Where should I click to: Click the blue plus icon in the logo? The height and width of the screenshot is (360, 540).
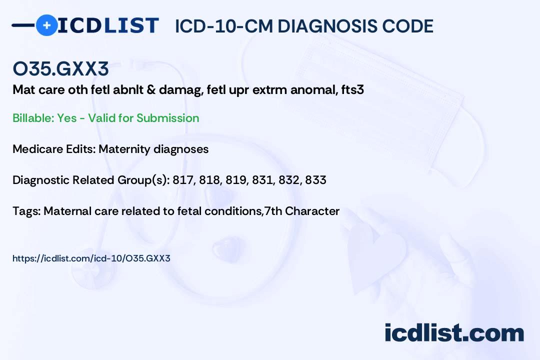pos(46,25)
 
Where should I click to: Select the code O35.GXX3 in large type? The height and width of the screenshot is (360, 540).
pos(60,69)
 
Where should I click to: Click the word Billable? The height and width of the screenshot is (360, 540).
pos(32,118)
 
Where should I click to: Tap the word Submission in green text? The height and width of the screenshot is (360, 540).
pos(167,118)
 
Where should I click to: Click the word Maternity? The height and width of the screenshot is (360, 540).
pos(124,149)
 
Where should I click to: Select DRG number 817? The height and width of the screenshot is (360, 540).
pos(182,180)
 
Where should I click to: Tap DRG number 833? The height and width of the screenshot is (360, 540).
pos(315,180)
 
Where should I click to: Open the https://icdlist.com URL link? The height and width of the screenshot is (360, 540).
pos(91,258)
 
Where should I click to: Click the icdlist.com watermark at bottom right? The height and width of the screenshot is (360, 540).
pos(454,333)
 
